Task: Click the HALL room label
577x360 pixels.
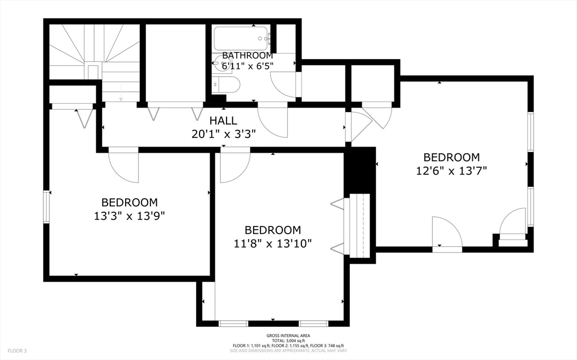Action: (223, 121)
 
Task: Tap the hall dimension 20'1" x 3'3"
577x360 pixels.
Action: (223, 134)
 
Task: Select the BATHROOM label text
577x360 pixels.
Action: (247, 56)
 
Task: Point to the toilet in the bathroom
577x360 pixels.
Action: (227, 85)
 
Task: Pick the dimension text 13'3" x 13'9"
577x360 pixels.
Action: (130, 215)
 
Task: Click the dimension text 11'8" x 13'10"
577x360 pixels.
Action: (273, 243)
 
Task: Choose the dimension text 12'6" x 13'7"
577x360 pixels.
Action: (451, 171)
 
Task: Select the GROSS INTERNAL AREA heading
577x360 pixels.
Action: (288, 335)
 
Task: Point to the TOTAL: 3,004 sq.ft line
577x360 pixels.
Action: (288, 340)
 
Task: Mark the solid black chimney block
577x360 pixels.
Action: (359, 169)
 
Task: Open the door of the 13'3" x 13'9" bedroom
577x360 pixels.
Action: (123, 166)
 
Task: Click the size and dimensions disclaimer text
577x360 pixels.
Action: (288, 350)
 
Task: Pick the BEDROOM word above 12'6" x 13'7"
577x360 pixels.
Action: (451, 158)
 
